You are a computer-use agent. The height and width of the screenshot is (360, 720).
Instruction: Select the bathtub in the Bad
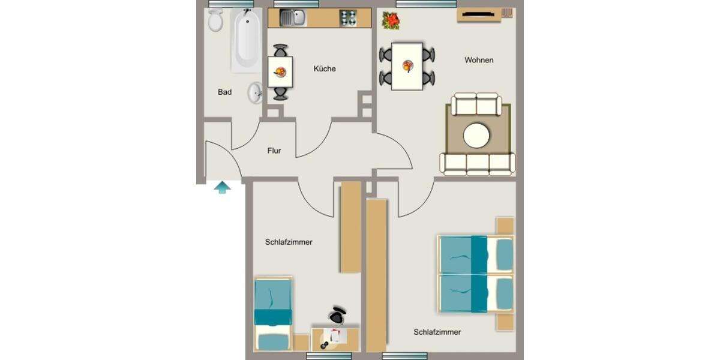pos(246,39)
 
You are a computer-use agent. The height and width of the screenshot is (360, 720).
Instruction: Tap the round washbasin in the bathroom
pos(256,92)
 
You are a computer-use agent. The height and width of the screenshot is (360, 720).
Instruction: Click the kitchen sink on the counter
pos(292,18)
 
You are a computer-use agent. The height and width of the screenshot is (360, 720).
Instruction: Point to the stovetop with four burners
pos(348,18)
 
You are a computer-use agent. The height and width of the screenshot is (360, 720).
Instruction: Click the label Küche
pos(325,69)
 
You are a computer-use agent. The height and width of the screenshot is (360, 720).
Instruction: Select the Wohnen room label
pos(479,60)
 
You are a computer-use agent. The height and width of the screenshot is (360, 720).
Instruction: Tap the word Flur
pos(274,151)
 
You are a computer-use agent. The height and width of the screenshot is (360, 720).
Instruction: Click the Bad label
pos(224,92)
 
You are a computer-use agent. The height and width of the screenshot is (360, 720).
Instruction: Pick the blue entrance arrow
pos(222,188)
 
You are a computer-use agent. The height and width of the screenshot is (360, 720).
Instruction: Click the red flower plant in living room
pos(391,21)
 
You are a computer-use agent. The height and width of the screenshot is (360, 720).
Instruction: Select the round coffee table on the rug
pos(476,136)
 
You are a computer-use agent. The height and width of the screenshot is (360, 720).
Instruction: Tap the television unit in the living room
pos(479,14)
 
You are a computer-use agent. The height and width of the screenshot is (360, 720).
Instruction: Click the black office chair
pos(337,314)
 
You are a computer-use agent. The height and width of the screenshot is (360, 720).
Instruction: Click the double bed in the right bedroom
pos(475,274)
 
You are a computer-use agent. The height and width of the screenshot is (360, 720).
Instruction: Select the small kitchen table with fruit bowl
pos(280,72)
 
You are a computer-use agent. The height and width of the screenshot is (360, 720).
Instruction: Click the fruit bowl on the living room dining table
pos(408,65)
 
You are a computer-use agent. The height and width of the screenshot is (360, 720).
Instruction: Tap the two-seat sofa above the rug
pos(476,104)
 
